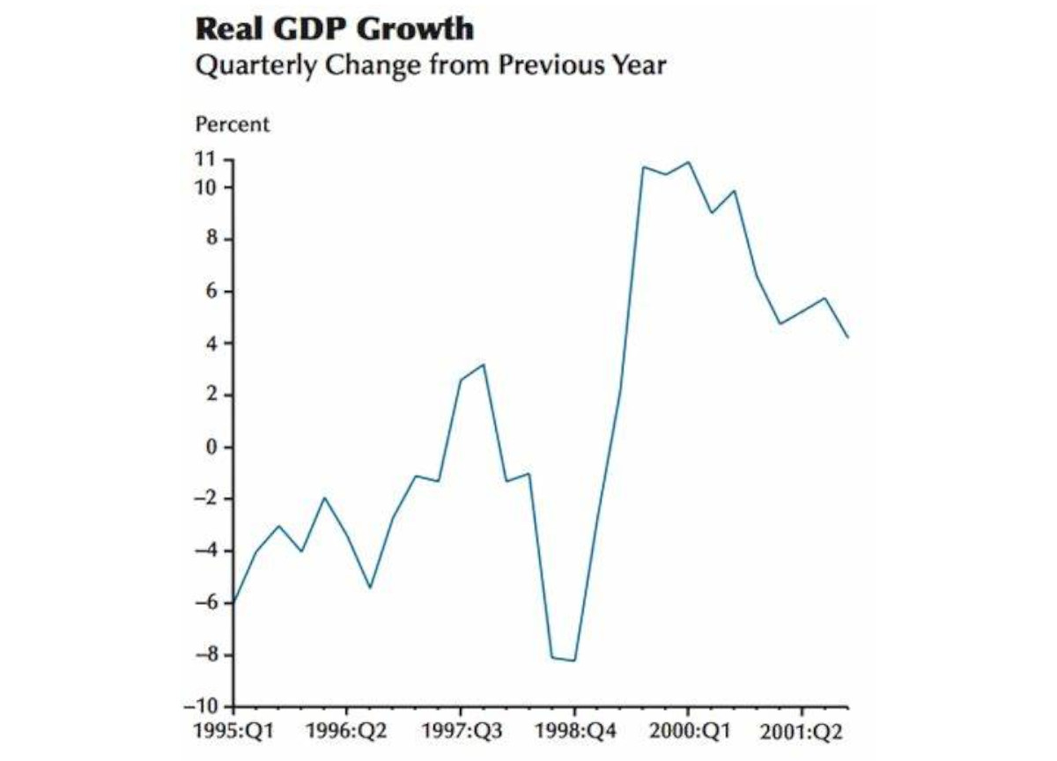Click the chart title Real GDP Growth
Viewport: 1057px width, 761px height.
click(335, 29)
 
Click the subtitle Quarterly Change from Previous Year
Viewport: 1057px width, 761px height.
click(430, 66)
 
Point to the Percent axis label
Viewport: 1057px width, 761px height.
click(233, 124)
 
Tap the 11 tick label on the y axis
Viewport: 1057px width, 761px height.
click(205, 159)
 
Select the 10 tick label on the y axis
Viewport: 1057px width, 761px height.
click(205, 188)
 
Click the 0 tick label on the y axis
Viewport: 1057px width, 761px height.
click(211, 447)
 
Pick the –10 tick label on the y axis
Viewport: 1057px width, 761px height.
click(201, 706)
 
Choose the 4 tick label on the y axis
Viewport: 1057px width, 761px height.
click(211, 344)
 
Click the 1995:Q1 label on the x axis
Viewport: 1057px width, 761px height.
click(232, 733)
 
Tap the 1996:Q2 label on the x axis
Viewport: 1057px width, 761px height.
click(346, 733)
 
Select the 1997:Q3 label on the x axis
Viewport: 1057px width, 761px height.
click(460, 733)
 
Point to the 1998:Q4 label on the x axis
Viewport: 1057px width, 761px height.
click(574, 733)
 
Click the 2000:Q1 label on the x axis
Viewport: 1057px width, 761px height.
click(688, 733)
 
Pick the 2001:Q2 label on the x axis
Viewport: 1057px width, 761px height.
click(802, 733)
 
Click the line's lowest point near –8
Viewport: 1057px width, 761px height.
click(575, 661)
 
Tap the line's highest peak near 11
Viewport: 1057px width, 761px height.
click(688, 162)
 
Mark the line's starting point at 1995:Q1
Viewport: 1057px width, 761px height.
click(234, 602)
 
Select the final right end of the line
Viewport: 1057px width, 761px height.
click(847, 337)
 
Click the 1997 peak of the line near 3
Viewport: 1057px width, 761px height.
click(484, 365)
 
